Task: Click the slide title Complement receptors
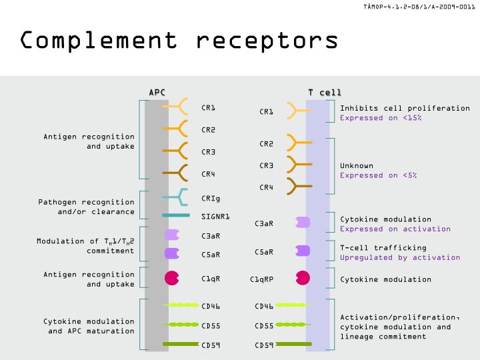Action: click(179, 40)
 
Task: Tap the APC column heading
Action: click(157, 92)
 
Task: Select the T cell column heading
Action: click(324, 92)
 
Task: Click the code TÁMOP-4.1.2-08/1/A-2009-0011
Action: click(419, 7)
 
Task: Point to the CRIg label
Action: click(211, 197)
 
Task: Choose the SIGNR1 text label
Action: click(215, 216)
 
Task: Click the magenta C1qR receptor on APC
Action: click(172, 278)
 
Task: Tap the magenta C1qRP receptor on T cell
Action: click(303, 278)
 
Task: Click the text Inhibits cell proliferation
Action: click(405, 108)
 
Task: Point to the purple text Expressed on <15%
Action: click(381, 118)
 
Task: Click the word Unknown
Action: click(357, 165)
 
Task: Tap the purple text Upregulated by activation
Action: click(400, 257)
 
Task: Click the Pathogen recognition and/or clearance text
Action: click(86, 207)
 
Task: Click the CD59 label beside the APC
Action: click(211, 345)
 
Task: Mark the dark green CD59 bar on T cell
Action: click(293, 344)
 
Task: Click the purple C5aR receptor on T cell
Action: click(303, 251)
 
